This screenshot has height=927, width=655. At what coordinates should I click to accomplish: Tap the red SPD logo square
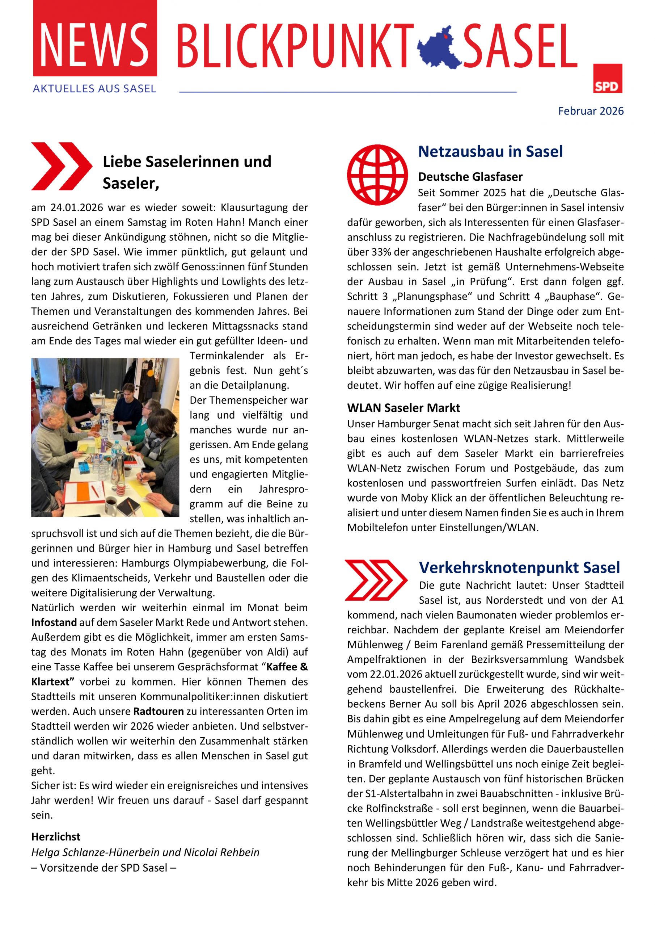(607, 78)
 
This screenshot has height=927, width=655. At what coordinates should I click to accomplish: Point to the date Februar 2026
(591, 111)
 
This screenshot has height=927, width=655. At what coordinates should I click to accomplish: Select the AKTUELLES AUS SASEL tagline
(94, 89)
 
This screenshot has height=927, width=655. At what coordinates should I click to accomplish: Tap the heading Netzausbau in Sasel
(490, 151)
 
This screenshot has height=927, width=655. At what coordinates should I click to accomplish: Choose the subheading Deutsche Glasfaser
(470, 177)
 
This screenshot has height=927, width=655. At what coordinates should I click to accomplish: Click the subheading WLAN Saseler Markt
(403, 408)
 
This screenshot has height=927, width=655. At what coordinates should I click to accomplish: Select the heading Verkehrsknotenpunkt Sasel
(519, 567)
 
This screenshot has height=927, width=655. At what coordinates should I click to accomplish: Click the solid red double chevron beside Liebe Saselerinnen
(62, 166)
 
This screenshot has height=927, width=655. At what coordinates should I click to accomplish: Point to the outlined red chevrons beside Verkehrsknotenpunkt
(376, 580)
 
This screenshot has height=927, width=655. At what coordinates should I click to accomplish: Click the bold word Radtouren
(158, 712)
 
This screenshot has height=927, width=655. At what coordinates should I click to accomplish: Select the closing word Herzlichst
(56, 836)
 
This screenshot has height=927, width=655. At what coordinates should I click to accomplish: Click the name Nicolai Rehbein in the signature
(221, 852)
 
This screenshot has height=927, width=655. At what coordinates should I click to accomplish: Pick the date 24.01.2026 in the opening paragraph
(77, 207)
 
